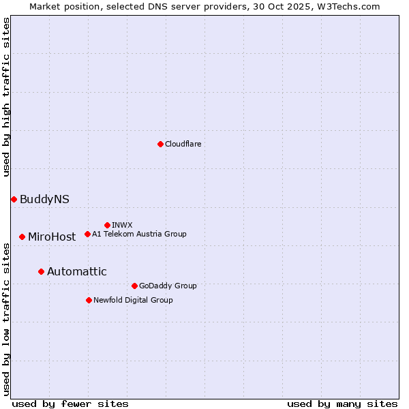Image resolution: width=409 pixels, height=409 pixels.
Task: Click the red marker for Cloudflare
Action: [x=160, y=144]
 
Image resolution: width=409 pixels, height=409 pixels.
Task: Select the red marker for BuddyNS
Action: [x=14, y=199]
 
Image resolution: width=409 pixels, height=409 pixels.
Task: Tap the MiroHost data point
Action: [x=22, y=237]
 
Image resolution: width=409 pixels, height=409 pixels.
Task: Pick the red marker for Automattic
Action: [x=41, y=271]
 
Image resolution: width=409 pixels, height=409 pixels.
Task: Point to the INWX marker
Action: [x=107, y=225]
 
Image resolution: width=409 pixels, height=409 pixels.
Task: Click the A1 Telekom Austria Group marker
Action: [x=87, y=234]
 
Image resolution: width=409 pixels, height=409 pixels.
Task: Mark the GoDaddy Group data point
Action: [x=134, y=286]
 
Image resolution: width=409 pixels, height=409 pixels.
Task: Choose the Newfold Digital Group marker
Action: [x=89, y=300]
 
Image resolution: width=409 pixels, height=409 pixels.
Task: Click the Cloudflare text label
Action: [x=183, y=144]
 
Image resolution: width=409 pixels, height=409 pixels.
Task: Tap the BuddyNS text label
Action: [x=44, y=199]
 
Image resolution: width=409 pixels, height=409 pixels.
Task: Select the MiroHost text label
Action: [x=52, y=237]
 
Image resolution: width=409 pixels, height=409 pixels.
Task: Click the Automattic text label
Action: [x=77, y=271]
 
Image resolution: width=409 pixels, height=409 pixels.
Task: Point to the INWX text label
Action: [x=122, y=225]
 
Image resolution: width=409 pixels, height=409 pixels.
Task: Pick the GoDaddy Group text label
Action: [x=168, y=286]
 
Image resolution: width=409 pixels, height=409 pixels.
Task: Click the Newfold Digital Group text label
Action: [x=133, y=300]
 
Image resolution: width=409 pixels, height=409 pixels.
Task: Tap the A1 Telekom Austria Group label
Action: [x=139, y=234]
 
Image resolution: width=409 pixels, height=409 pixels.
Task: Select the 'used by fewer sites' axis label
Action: [x=70, y=404]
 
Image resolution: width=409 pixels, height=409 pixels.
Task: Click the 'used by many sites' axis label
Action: [x=342, y=404]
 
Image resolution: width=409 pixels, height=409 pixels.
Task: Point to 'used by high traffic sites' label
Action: [x=7, y=97]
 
